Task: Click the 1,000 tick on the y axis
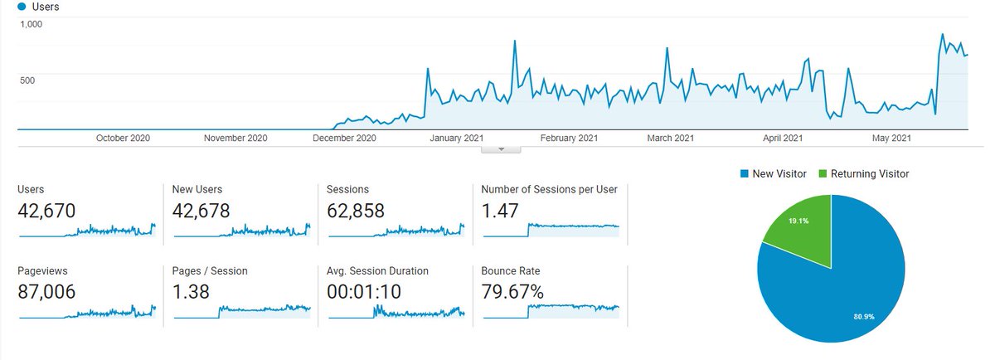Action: point(32,24)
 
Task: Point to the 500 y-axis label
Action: point(27,80)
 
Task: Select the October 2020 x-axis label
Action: point(123,139)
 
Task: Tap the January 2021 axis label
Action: point(456,139)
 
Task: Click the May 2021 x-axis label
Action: point(891,139)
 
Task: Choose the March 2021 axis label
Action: point(670,139)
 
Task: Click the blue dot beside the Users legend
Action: point(22,7)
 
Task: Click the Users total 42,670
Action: point(46,211)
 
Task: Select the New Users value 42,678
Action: point(201,211)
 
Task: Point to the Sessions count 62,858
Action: point(356,211)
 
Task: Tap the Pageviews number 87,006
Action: point(46,292)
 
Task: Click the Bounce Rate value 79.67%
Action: point(512,292)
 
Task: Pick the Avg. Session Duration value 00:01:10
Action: point(364,292)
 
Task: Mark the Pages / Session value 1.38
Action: point(191,292)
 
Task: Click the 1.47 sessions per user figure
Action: point(500,211)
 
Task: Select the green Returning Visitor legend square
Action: point(823,173)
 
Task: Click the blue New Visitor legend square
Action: point(745,173)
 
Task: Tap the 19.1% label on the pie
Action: point(798,221)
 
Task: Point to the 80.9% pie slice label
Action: point(864,317)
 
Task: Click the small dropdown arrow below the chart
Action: point(501,149)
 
